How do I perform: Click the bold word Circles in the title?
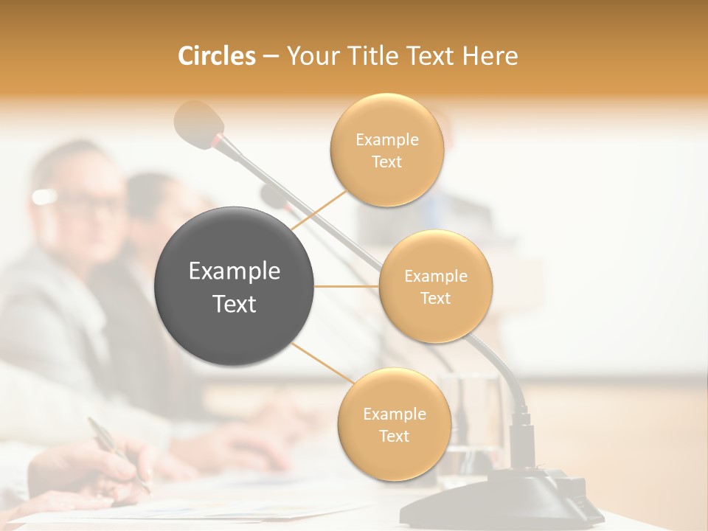216,56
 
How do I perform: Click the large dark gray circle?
234,286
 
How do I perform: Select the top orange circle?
386,150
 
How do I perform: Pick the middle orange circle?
435,286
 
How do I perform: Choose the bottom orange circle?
394,425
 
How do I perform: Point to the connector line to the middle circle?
347,286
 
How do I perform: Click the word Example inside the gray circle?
234,271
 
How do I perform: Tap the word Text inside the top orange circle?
386,162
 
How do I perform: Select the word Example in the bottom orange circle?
394,414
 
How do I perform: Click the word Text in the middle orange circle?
435,298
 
